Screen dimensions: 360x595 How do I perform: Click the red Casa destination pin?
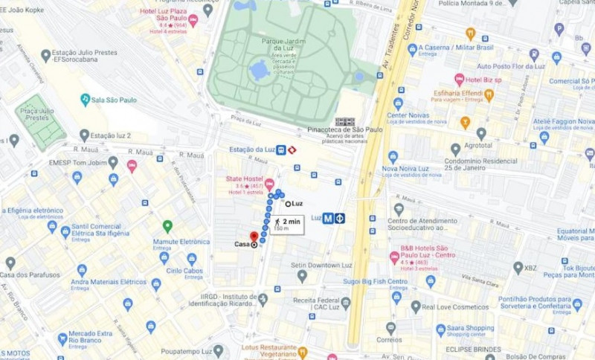254,237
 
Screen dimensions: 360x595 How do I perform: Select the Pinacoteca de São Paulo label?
345,129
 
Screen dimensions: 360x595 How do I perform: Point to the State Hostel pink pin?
269,184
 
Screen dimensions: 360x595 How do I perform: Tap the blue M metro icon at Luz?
327,218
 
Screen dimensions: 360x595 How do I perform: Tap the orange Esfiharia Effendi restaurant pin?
489,94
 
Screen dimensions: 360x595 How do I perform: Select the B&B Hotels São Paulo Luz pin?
394,257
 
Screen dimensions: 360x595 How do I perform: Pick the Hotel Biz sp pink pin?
459,79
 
